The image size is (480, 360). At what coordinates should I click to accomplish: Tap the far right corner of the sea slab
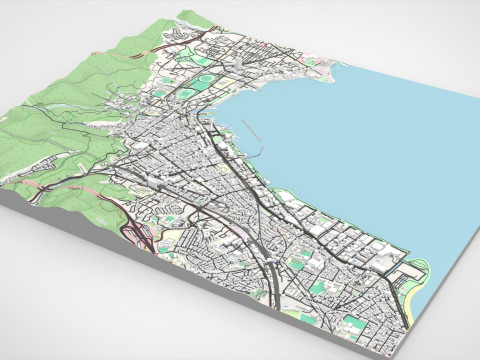471,93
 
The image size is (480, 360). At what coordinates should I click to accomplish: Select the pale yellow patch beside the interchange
175,240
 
